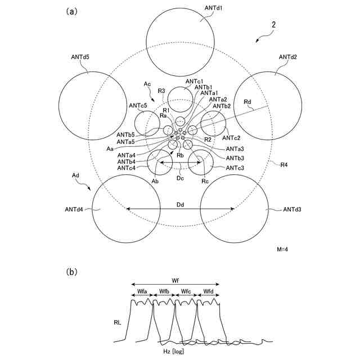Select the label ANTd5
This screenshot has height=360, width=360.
[x=80, y=57]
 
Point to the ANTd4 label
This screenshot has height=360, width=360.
[x=74, y=210]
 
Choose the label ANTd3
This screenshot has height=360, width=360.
[x=292, y=210]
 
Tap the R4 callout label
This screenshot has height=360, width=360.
[x=287, y=165]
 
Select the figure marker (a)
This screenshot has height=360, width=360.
[x=71, y=11]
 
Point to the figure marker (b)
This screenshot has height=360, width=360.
[x=71, y=272]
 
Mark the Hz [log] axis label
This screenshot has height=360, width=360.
[x=173, y=352]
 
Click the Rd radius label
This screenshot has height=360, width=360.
[x=248, y=101]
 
